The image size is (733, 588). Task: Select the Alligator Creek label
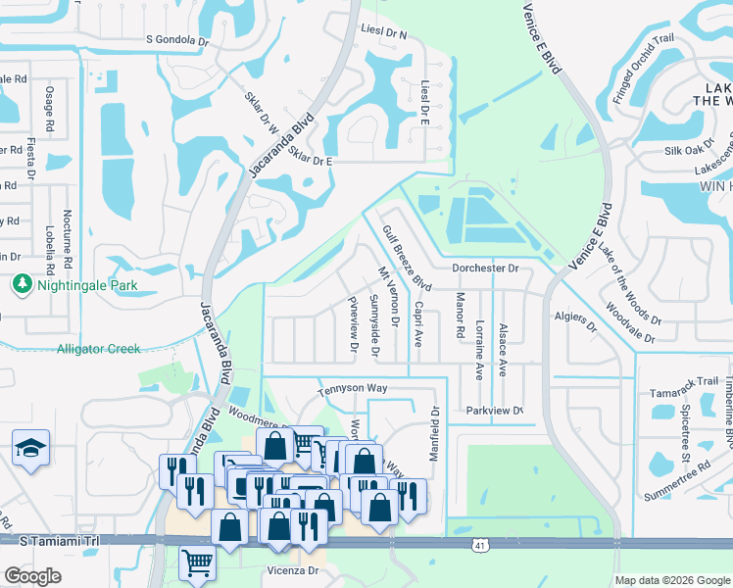pyautogui.click(x=98, y=349)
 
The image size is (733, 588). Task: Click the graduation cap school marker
pyautogui.click(x=31, y=448)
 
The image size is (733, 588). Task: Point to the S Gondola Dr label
pyautogui.click(x=177, y=40)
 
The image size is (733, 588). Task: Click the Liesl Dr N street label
pyautogui.click(x=383, y=32)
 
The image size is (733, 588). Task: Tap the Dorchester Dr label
pyautogui.click(x=484, y=268)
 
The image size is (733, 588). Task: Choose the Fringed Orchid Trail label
pyautogui.click(x=645, y=71)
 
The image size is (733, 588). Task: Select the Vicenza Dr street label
pyautogui.click(x=293, y=569)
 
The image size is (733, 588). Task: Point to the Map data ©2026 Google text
pyautogui.click(x=672, y=580)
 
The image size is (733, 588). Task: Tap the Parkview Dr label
pyautogui.click(x=495, y=411)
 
